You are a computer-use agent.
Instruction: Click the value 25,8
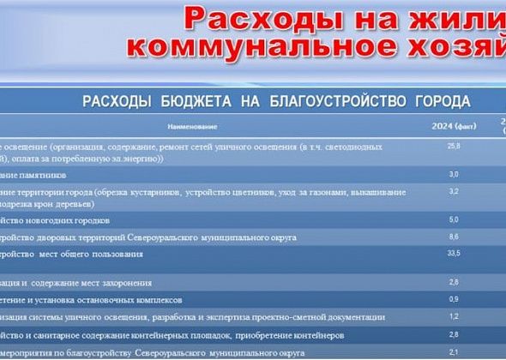pos(454,147)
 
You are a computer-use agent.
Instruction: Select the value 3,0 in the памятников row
pos(454,174)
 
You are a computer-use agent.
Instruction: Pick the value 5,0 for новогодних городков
pos(454,219)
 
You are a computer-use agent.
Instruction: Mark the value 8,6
pos(454,236)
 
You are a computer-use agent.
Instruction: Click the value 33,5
pos(454,254)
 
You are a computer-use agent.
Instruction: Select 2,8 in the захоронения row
pos(454,282)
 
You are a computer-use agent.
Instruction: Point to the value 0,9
pos(454,298)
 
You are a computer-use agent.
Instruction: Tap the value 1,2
pos(454,316)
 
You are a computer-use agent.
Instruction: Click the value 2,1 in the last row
pos(454,351)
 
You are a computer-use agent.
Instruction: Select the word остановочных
pos(104,299)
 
